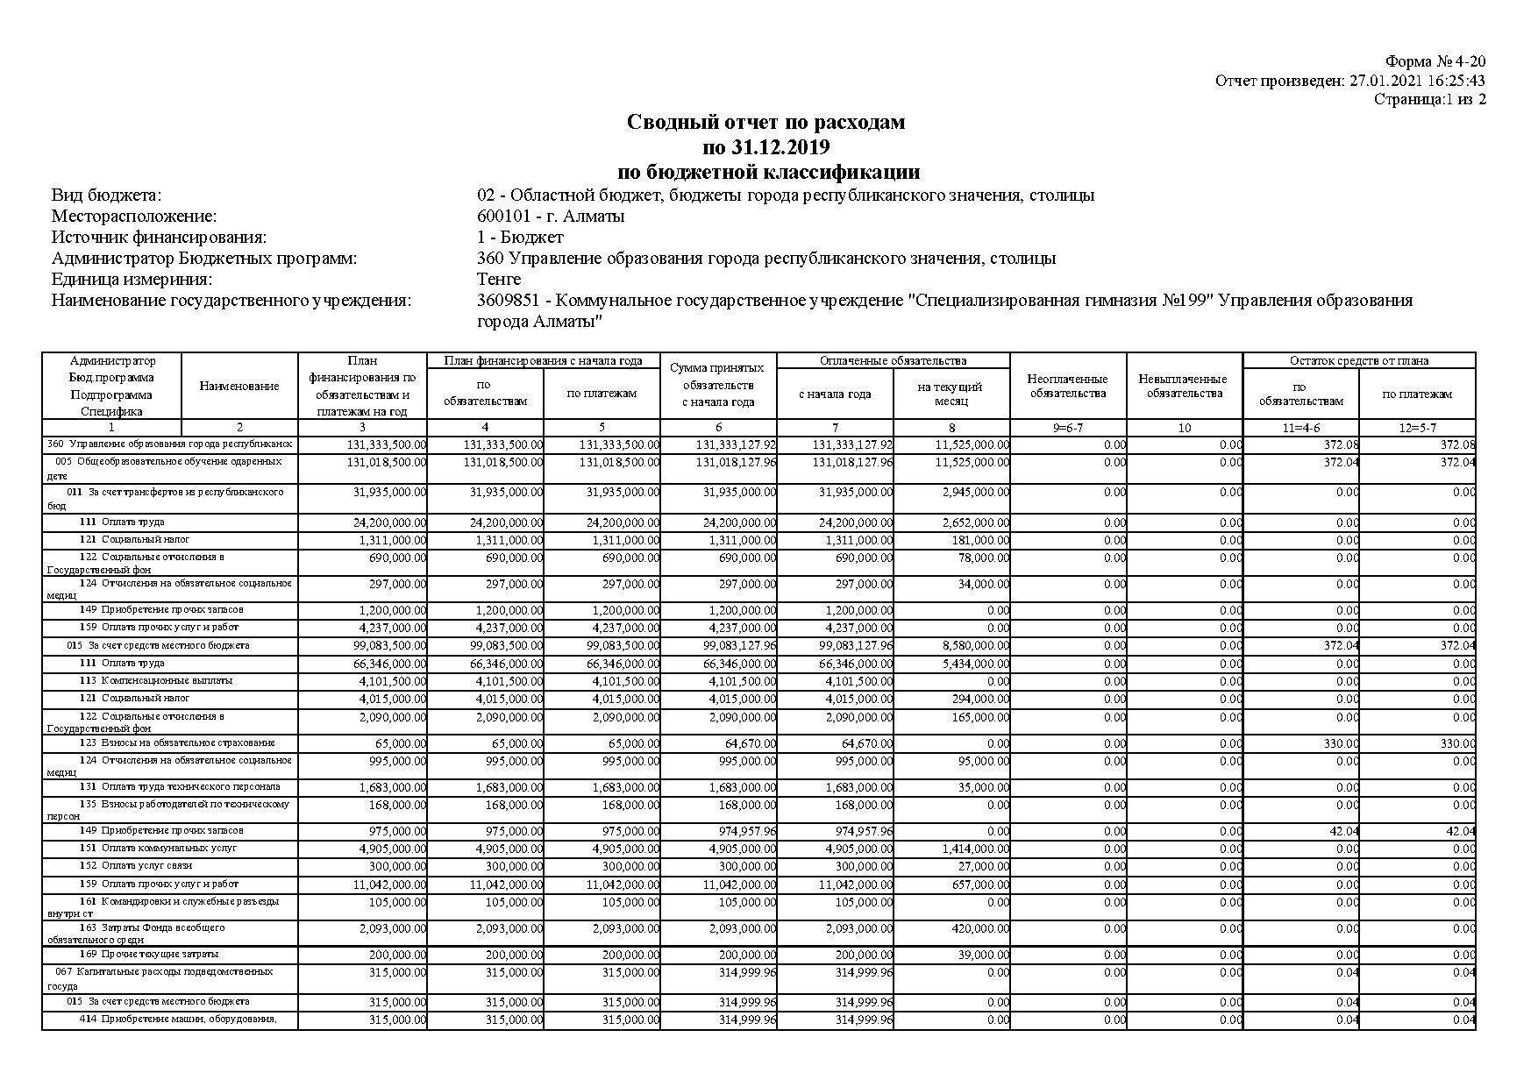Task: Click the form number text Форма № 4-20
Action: pyautogui.click(x=1435, y=61)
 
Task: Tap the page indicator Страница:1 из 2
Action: pyautogui.click(x=1429, y=99)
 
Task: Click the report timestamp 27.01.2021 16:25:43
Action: pyautogui.click(x=1416, y=81)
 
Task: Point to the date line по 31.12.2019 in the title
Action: pyautogui.click(x=765, y=146)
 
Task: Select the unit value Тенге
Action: pyautogui.click(x=499, y=280)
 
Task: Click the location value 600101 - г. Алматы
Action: pyautogui.click(x=551, y=217)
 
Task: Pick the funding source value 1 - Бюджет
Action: pyautogui.click(x=520, y=238)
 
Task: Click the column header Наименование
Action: pyautogui.click(x=239, y=386)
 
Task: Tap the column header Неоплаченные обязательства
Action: pyautogui.click(x=1067, y=386)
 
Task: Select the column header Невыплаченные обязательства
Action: pyautogui.click(x=1184, y=386)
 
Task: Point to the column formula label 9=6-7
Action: pyautogui.click(x=1067, y=428)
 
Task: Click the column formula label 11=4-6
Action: pyautogui.click(x=1300, y=428)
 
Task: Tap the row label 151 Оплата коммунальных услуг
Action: pyautogui.click(x=158, y=848)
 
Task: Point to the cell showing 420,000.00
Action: pyautogui.click(x=979, y=928)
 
